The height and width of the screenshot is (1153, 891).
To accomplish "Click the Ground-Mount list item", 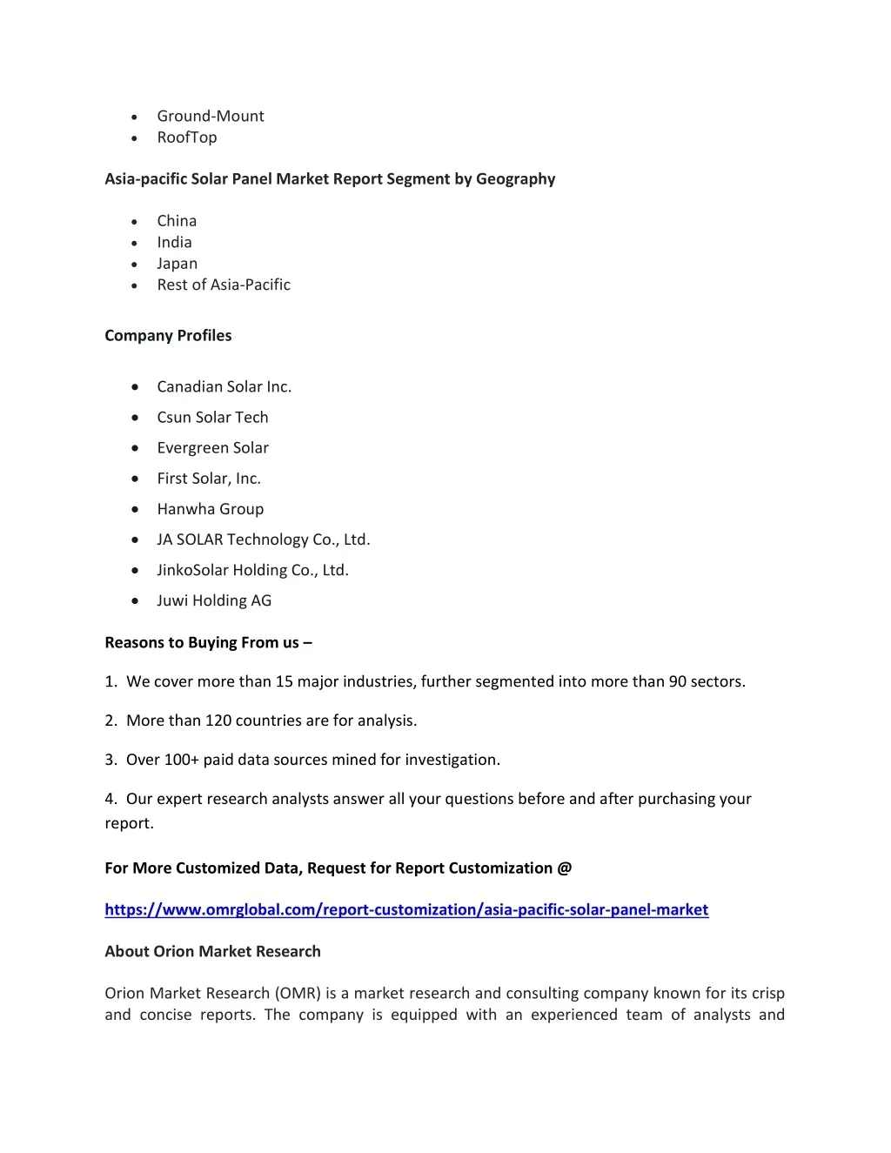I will point(210,116).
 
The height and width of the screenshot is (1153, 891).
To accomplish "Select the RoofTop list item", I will point(186,137).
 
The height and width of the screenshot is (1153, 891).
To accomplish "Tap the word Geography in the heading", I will point(515,179).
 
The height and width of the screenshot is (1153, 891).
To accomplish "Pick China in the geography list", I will point(177,221).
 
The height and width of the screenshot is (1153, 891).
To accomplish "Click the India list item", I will point(174,243).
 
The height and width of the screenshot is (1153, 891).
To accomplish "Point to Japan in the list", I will point(177,264).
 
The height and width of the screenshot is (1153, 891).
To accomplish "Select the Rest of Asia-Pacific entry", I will point(224,285).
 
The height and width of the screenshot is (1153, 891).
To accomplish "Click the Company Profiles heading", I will point(168,336).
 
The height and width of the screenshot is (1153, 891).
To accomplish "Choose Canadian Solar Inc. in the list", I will point(224,387).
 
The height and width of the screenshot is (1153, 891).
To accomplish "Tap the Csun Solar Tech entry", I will point(212,418).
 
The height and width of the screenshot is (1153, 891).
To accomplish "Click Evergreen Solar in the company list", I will point(212,448).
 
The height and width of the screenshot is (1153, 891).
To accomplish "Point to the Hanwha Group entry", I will point(210,509).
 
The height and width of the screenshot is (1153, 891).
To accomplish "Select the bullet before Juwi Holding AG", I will point(135,600).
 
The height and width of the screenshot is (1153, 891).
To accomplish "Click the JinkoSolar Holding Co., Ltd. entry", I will point(252,570).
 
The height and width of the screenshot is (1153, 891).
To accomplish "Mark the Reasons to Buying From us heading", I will point(208,643).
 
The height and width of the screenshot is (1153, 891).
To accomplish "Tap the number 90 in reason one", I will point(678,681).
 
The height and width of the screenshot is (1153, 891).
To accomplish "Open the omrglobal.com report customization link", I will point(406,909).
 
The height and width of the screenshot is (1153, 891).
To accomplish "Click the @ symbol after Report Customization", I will point(565,868).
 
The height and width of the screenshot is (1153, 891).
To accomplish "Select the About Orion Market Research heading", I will point(212,951).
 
